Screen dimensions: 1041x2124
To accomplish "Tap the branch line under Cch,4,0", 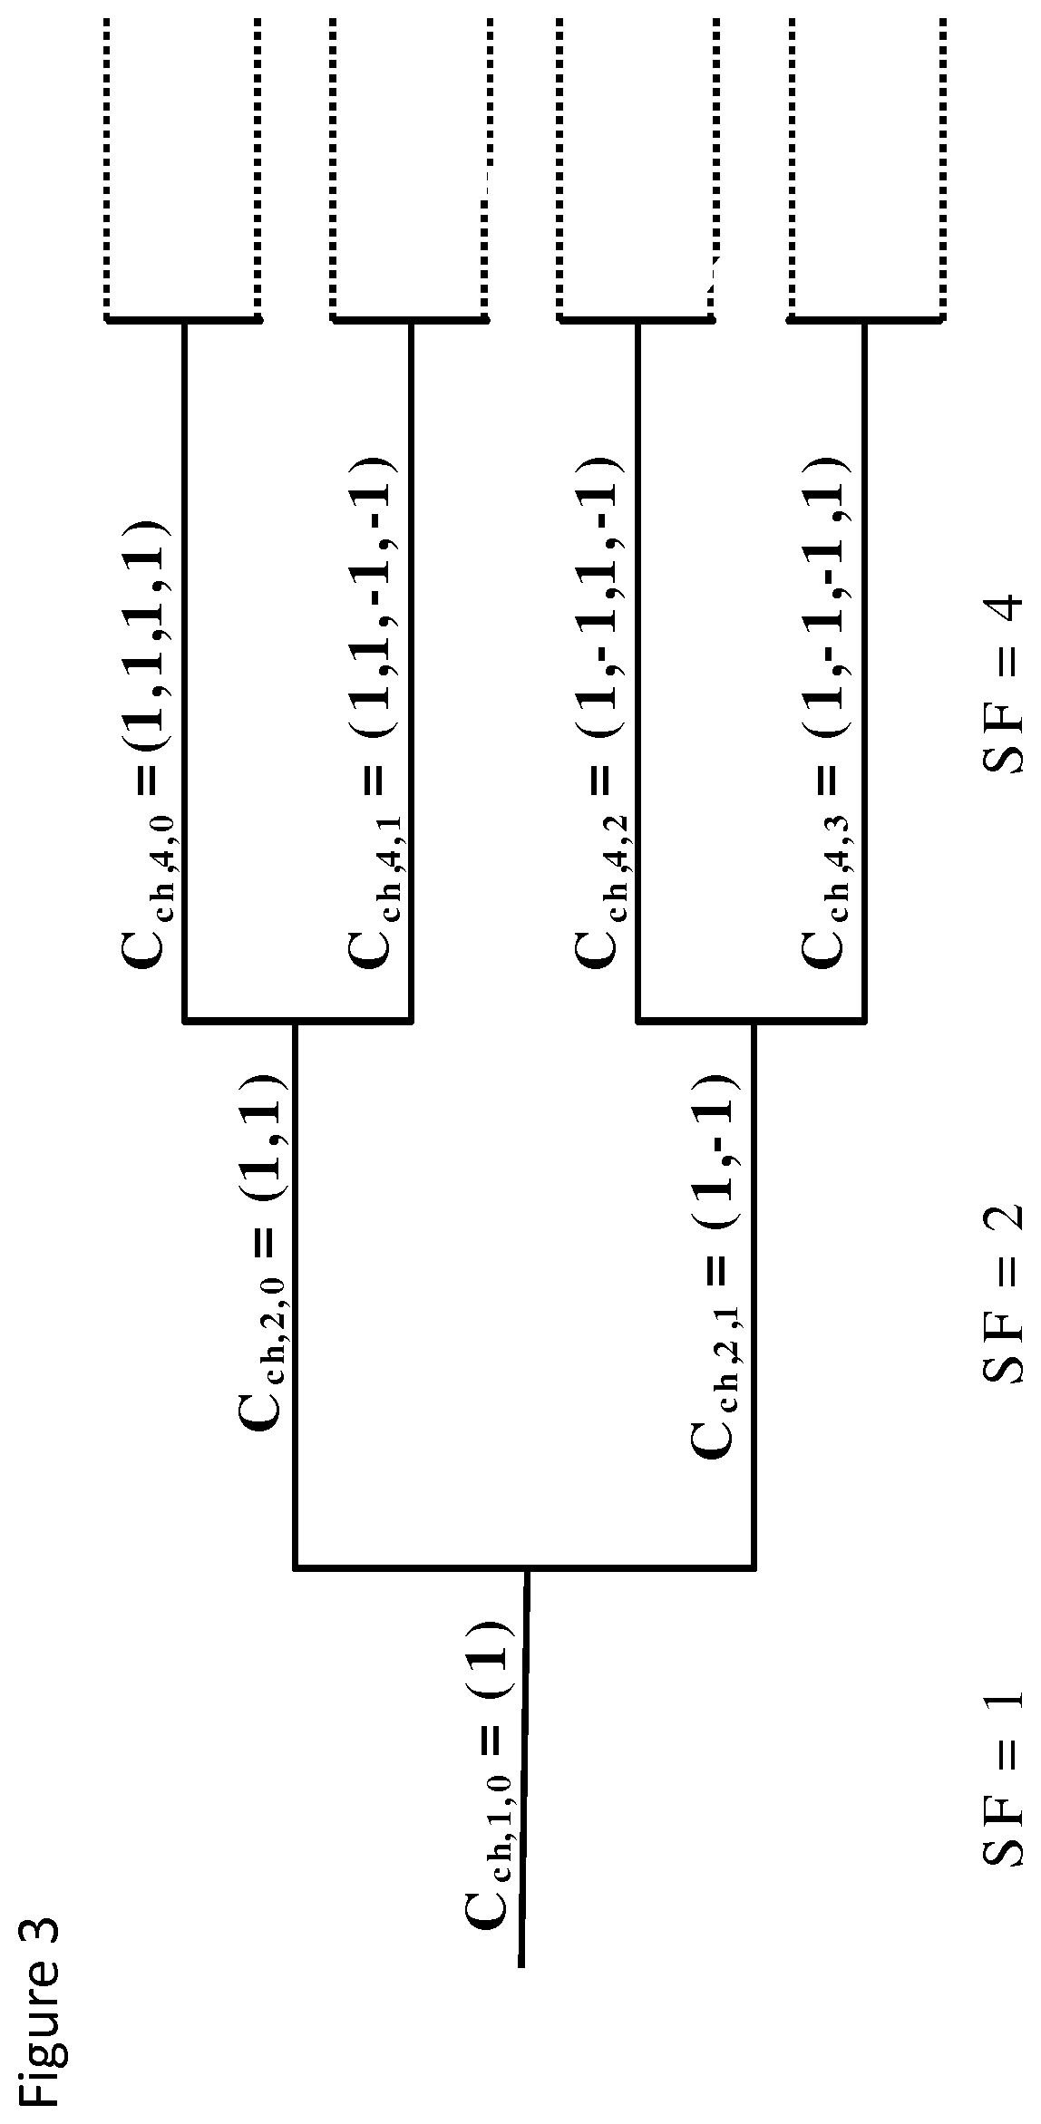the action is pos(185,671).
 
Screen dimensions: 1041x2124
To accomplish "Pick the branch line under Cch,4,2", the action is pos(638,671).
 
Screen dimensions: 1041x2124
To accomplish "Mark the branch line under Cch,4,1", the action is pos(412,671).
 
